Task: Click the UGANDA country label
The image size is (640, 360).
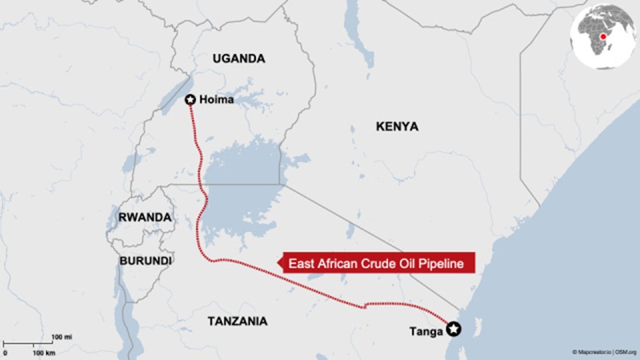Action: point(238,58)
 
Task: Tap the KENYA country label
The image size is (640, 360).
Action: point(396,126)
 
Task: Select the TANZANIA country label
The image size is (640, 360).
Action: point(237,321)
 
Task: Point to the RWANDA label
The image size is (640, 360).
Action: point(145,218)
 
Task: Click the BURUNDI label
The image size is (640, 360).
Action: point(145,261)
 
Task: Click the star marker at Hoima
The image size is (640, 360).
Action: point(190,99)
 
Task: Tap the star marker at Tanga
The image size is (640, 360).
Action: point(454,328)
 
